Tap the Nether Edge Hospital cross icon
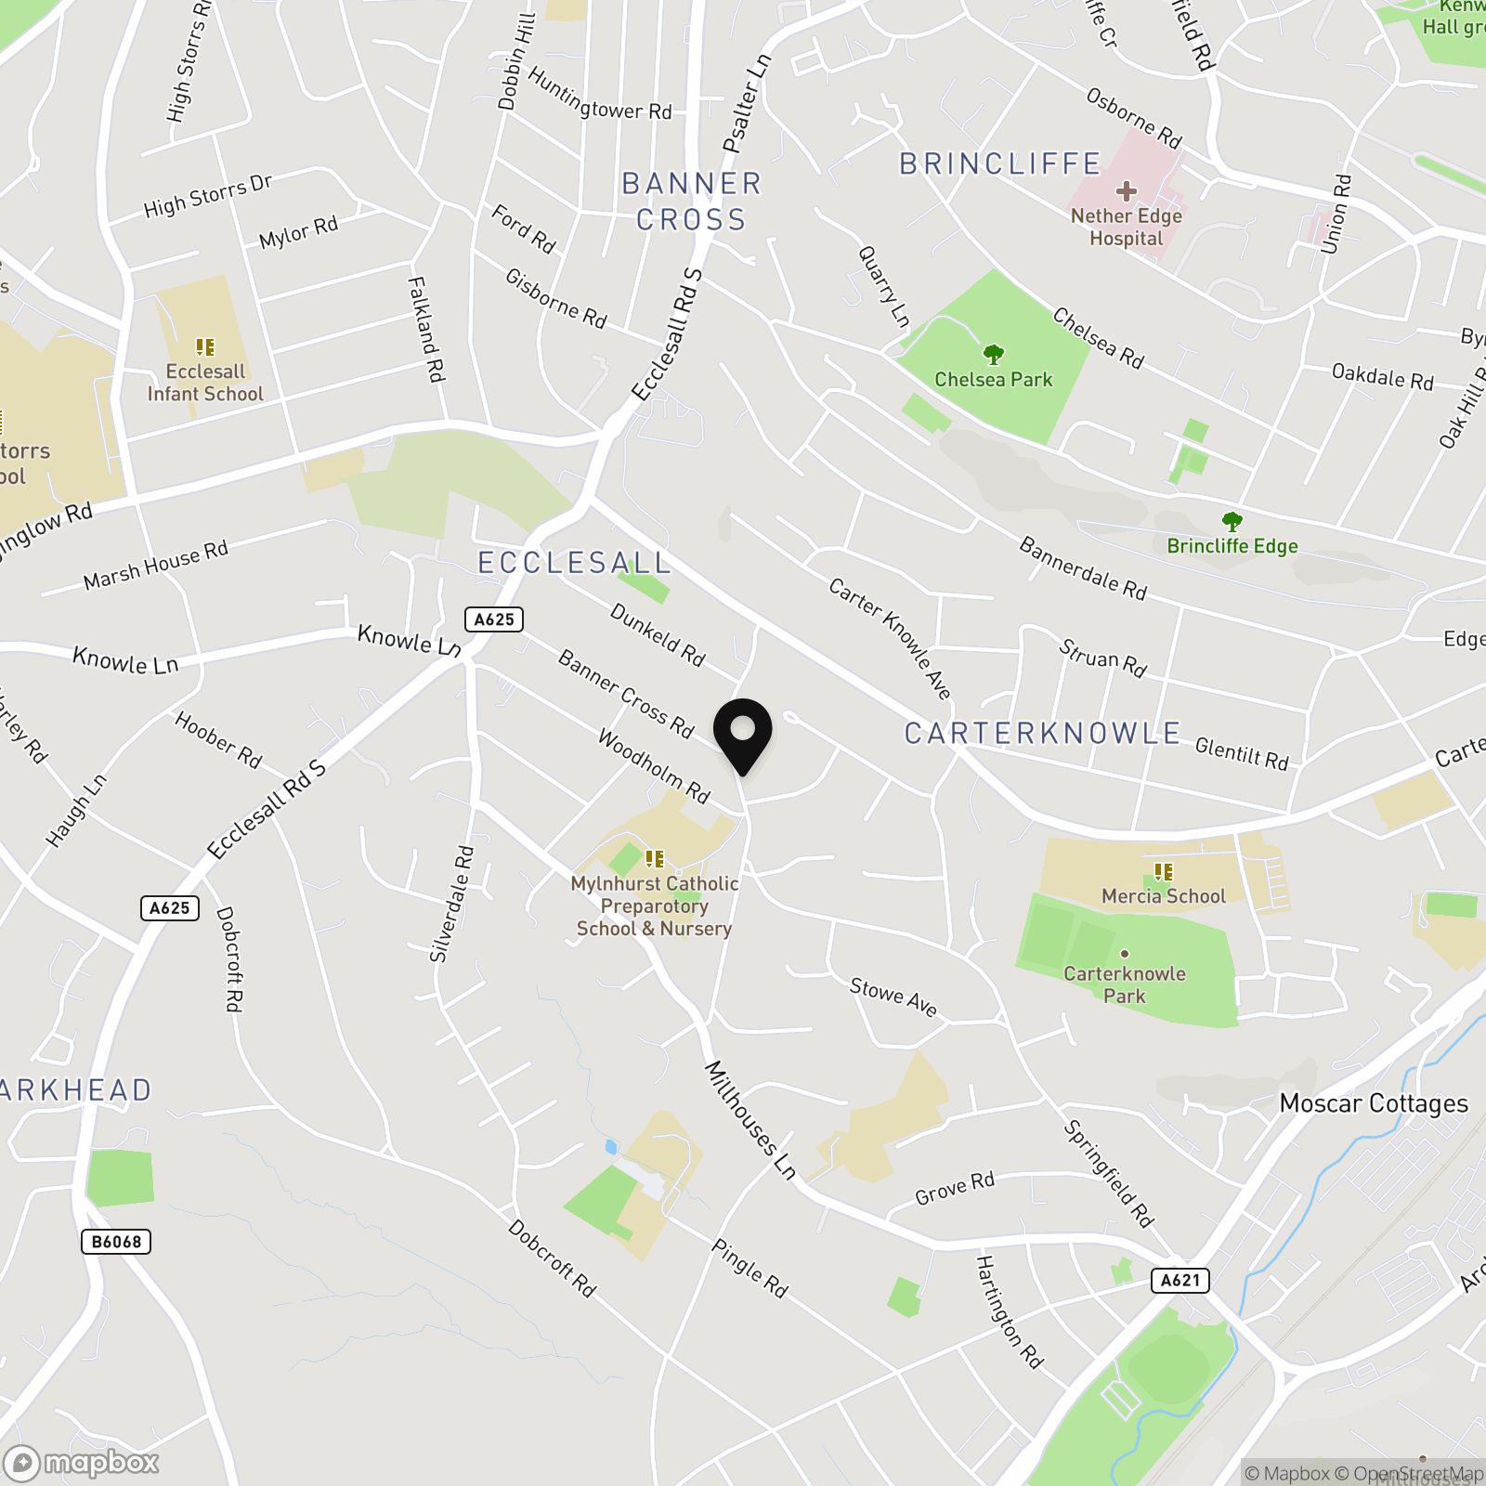coord(1127,192)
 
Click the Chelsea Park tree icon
coord(994,355)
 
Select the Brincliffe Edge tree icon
coord(1232,522)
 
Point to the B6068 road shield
coord(116,1242)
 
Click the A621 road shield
coord(1180,1281)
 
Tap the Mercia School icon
coord(1163,872)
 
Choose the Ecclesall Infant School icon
coord(205,348)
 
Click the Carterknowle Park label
coord(1125,984)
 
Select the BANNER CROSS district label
coord(692,202)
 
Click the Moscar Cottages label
coord(1374,1103)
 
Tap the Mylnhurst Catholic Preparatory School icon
coord(655,859)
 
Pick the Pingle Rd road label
coord(750,1268)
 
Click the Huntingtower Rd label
coord(600,96)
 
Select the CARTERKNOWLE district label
coord(1042,734)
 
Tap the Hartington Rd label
coord(1010,1312)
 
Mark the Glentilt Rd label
coord(1242,753)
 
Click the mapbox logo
coord(81,1463)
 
